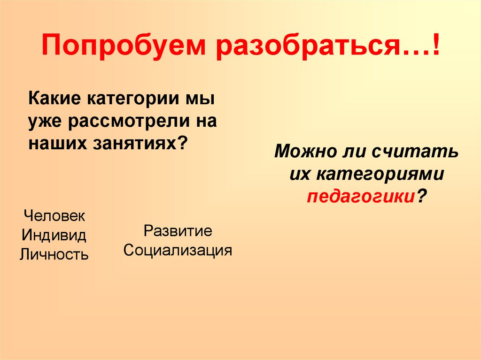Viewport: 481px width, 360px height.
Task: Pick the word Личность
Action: click(54, 254)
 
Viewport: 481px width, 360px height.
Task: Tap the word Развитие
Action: click(178, 231)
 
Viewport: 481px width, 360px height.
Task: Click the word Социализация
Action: click(178, 250)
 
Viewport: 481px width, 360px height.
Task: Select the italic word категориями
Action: click(380, 174)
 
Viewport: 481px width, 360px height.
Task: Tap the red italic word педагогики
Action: click(360, 196)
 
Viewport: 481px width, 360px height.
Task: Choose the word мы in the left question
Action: click(201, 100)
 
